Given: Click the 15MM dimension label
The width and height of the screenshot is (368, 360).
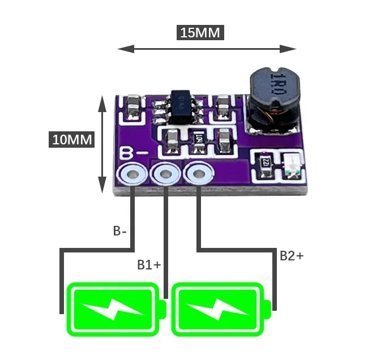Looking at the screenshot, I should pyautogui.click(x=200, y=32).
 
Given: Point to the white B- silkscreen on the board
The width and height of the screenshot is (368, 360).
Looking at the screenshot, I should pyautogui.click(x=134, y=154).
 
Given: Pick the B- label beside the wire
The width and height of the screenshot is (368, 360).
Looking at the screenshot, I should pyautogui.click(x=121, y=231).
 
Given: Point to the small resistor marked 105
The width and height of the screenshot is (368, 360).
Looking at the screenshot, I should pyautogui.click(x=199, y=138).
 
